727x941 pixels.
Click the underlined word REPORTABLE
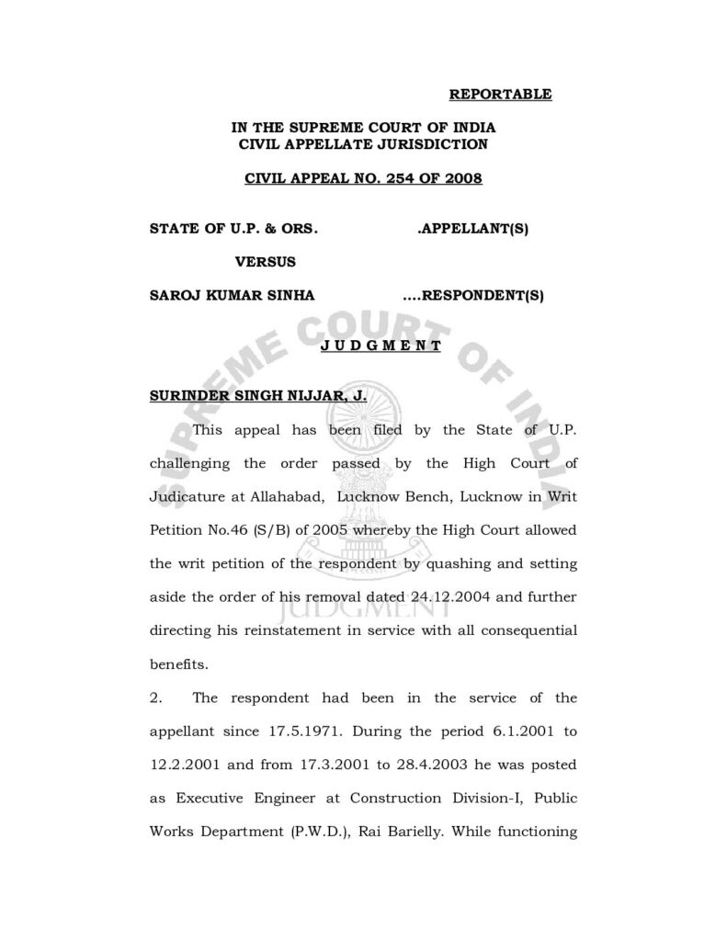pyautogui.click(x=500, y=94)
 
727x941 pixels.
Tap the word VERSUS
pyautogui.click(x=266, y=261)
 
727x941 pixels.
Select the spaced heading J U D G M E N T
pyautogui.click(x=381, y=346)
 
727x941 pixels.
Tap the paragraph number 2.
pyautogui.click(x=155, y=697)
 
